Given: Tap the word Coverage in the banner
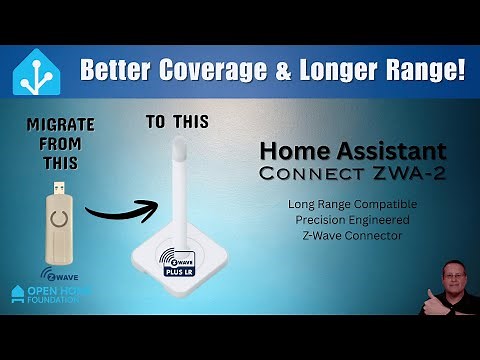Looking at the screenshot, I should tap(225, 71).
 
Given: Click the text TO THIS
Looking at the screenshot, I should tap(177, 122).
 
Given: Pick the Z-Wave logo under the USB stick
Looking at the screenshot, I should tap(57, 273).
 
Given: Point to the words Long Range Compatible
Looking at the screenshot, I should tap(337, 205).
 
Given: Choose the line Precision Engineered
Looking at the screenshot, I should tap(337, 220).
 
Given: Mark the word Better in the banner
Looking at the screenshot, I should tap(118, 71).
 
